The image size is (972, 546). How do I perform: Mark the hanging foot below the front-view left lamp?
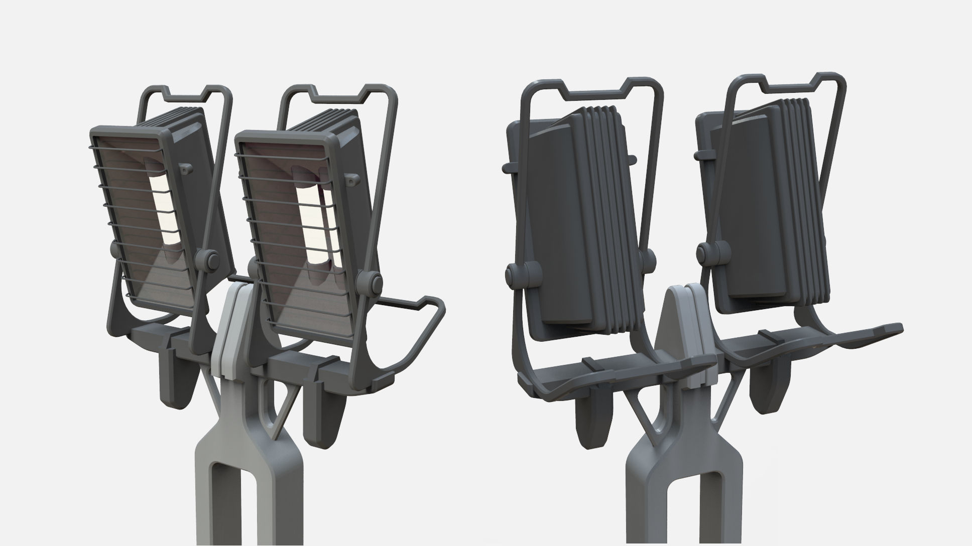tap(173, 381)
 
